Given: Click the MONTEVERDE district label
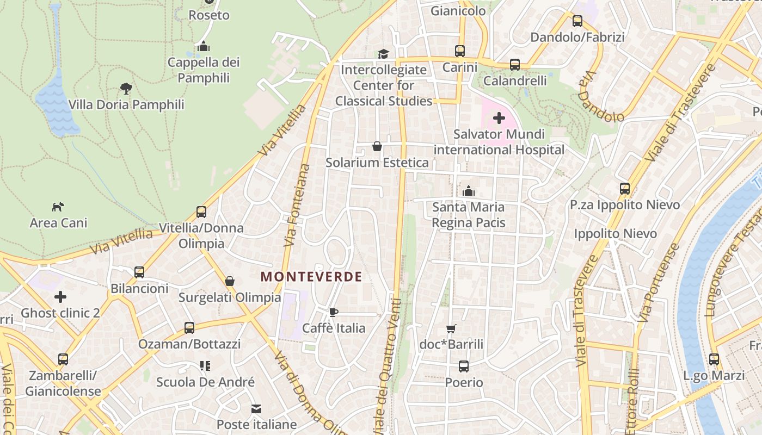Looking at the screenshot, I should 311,277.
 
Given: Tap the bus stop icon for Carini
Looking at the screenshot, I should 460,51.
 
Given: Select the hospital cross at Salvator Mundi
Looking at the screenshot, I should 499,118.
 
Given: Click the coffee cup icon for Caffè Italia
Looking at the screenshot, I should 334,312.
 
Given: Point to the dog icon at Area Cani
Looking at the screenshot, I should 58,207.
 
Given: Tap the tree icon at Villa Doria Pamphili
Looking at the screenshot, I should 126,88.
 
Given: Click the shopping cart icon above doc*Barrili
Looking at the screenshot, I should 451,328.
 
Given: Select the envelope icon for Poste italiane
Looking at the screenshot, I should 256,408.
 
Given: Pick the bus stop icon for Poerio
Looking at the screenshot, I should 464,366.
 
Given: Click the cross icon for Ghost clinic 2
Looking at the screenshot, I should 60,297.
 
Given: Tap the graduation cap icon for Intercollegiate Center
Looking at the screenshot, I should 384,54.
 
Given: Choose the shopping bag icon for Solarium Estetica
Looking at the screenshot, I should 377,146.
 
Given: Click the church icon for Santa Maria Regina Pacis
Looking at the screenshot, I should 468,191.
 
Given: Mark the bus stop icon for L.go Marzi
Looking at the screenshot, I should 714,359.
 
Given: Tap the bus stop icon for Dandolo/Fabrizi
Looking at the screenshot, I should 577,21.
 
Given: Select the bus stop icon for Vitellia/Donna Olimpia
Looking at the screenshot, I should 201,212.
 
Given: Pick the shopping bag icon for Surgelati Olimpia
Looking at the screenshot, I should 230,281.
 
